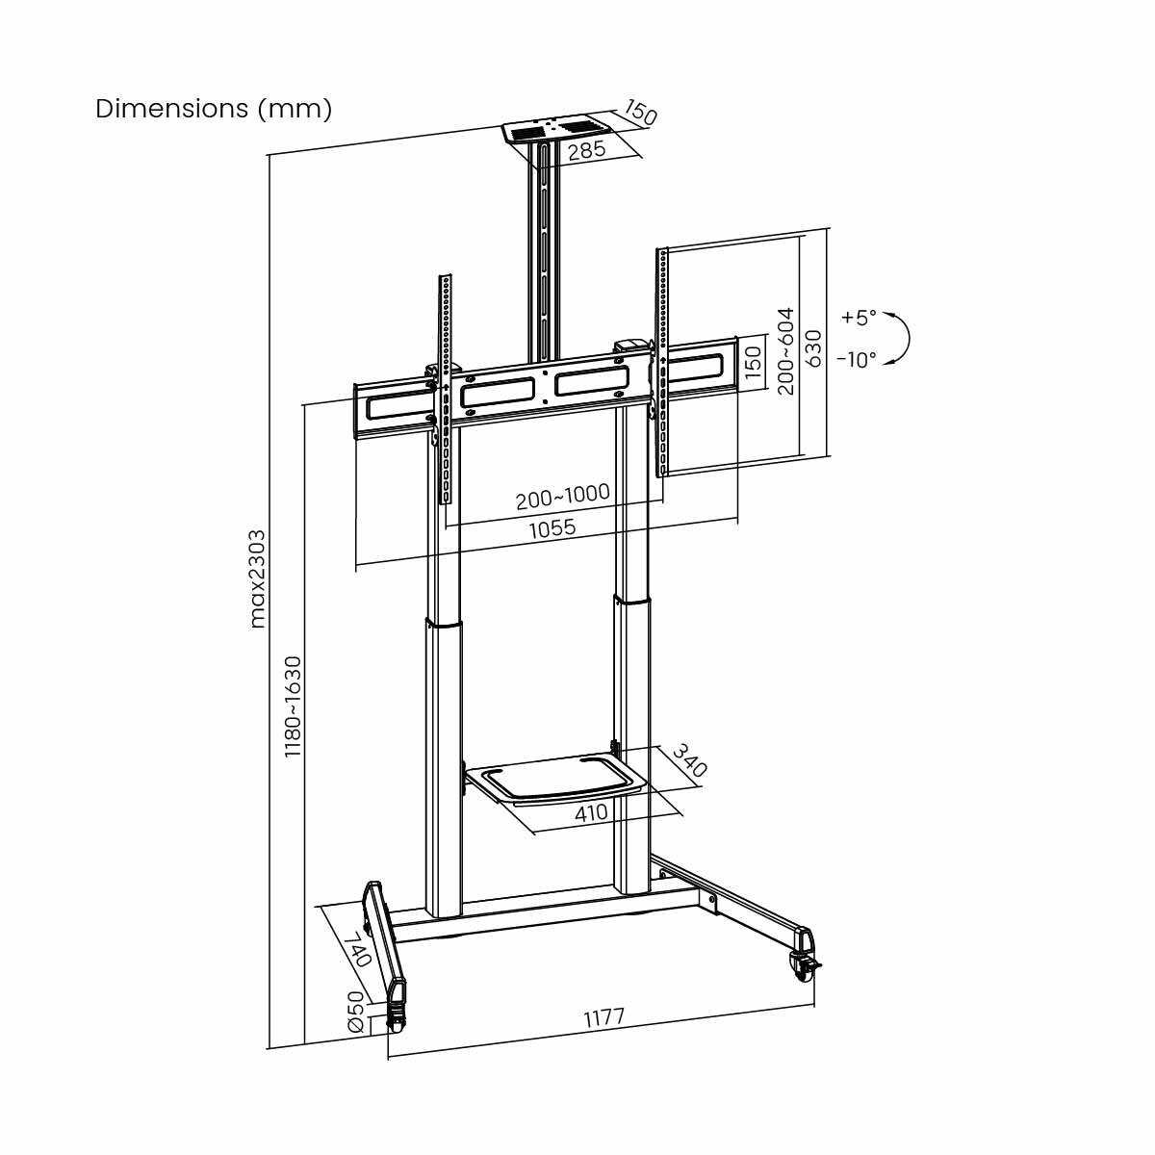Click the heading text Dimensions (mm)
coord(214,109)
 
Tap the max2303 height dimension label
coord(258,578)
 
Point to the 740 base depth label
coord(357,949)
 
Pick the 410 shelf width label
coord(591,812)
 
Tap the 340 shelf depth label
coord(689,759)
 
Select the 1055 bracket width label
coord(552,527)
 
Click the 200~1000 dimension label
coord(562,496)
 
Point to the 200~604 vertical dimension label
coord(785,350)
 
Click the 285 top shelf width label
coord(585,150)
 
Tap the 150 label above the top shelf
coord(640,113)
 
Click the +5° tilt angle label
coord(859,316)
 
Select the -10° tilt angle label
coord(856,360)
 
